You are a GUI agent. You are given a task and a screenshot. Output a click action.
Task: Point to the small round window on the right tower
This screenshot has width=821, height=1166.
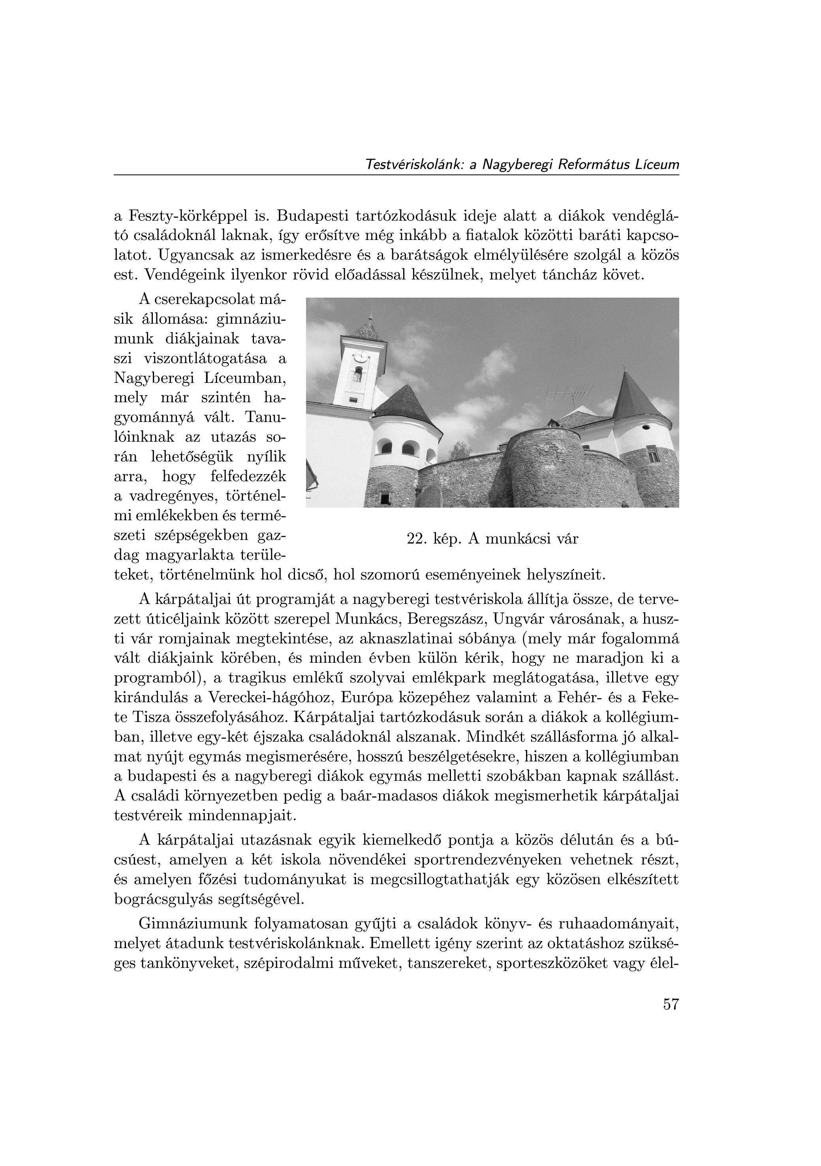[x=646, y=427]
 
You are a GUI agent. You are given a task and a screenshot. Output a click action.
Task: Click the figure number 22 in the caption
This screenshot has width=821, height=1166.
[x=415, y=539]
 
